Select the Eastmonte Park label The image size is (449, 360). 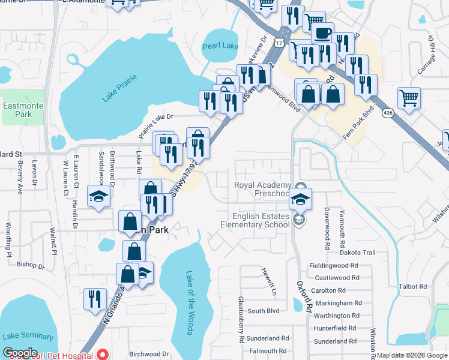point(17,110)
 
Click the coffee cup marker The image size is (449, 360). point(323,33)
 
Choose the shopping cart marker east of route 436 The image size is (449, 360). point(409,97)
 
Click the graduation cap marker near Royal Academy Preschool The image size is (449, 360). point(301,199)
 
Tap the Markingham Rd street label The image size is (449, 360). point(337,303)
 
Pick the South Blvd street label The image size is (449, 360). point(264,311)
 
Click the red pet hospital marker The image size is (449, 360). point(103,354)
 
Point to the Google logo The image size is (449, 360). point(20,352)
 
